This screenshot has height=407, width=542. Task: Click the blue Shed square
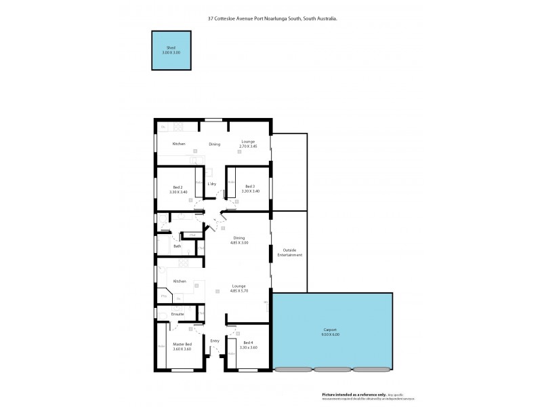[x=171, y=50]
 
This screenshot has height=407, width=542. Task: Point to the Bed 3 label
[x=250, y=189]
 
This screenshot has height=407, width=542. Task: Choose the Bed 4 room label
[x=249, y=345]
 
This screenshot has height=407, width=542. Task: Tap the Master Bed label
[x=182, y=347]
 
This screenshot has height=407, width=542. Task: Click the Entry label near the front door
[x=215, y=341]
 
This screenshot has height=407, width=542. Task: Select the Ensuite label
[x=178, y=314]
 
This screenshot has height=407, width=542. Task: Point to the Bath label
[x=178, y=246]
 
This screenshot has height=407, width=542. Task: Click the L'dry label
[x=212, y=184]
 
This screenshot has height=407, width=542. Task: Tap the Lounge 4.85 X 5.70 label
[x=238, y=288]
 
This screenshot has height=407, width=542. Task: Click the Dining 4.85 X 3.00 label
[x=239, y=240]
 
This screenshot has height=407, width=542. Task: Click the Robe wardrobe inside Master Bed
[x=161, y=346]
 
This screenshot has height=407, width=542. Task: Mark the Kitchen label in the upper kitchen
[x=179, y=144]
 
